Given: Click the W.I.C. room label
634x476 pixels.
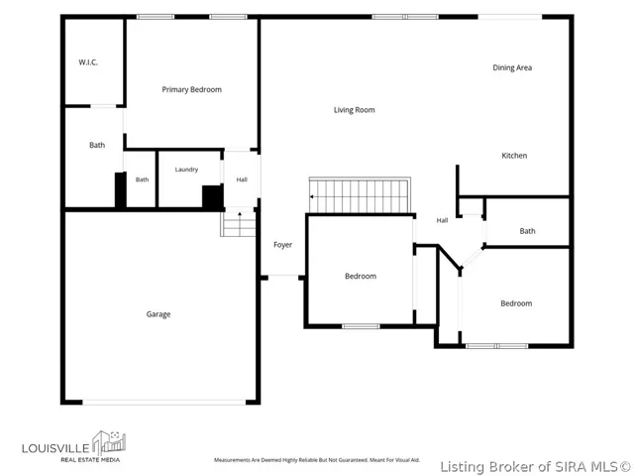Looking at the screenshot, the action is point(88,62).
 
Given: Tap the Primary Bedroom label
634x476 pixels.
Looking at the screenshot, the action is point(191,89).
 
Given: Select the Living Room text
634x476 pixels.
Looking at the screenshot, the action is point(355,110).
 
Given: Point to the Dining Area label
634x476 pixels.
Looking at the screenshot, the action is point(512,67).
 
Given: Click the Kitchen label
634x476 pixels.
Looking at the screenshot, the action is point(514,156).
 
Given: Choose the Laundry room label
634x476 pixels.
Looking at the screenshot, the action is point(186,170).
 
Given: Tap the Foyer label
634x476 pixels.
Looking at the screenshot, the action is point(282,245).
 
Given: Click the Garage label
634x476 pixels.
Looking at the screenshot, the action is point(158,314).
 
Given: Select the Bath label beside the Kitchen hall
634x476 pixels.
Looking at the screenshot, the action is point(527,231).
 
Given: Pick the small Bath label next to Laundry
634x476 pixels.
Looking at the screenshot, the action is point(142,179).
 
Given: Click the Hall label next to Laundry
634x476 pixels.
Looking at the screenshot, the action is point(242,179).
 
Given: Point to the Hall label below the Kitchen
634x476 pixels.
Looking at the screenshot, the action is point(442,220).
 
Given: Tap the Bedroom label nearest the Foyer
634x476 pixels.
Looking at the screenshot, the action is point(361,276).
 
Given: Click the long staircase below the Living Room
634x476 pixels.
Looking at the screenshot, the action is point(360,195).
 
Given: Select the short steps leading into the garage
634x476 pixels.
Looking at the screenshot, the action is point(238,223).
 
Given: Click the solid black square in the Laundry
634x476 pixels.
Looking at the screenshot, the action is point(213,197).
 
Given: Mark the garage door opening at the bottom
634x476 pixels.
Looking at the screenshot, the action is point(164,403).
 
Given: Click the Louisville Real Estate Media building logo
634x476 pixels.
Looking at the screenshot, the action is point(109,442).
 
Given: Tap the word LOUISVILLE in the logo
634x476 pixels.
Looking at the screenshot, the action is point(55,448).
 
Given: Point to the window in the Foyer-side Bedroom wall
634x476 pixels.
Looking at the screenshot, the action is point(361,326).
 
